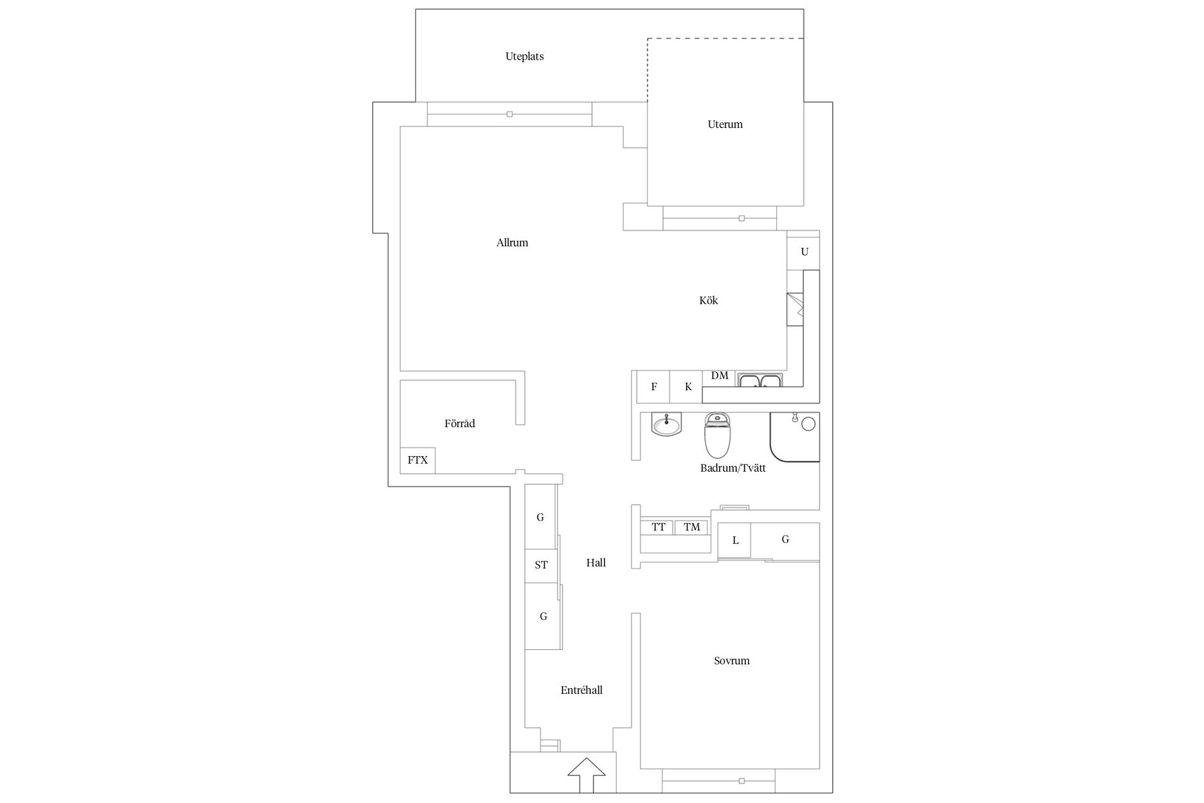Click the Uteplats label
[x=524, y=56]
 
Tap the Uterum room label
[x=725, y=124]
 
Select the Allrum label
[x=512, y=243]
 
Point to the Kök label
[x=708, y=300]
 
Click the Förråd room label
[x=460, y=423]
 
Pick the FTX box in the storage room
[x=418, y=460]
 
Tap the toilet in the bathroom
[x=718, y=435]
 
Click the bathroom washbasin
[x=666, y=425]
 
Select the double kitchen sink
[x=760, y=380]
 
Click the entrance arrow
[x=586, y=775]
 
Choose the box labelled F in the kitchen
[x=653, y=386]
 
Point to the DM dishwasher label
[x=719, y=376]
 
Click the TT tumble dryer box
[x=657, y=527]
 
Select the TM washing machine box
[x=692, y=527]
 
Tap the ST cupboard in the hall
[x=541, y=565]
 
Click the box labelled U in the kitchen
[x=804, y=252]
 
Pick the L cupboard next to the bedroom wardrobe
[x=735, y=540]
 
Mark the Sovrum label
[x=731, y=661]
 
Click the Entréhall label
[x=581, y=690]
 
